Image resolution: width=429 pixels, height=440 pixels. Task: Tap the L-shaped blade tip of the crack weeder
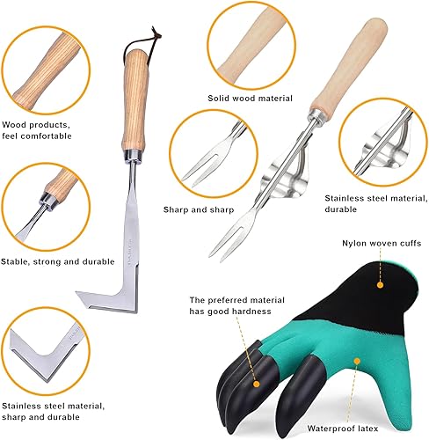click(x=76, y=292)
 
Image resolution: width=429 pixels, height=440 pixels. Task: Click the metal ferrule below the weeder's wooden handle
click(x=134, y=156)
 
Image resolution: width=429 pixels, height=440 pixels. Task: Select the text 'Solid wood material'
click(x=250, y=98)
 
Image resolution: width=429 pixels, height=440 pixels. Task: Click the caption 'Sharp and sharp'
click(x=199, y=209)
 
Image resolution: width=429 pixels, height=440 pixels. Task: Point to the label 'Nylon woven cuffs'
click(x=382, y=243)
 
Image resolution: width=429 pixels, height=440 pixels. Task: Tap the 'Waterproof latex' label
click(x=343, y=429)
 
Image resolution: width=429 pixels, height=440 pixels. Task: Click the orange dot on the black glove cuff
click(x=380, y=285)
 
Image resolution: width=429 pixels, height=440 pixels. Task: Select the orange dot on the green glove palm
click(x=357, y=361)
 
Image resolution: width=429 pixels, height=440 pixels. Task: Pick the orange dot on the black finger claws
click(x=256, y=384)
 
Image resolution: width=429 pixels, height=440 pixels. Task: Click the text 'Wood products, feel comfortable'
click(x=36, y=130)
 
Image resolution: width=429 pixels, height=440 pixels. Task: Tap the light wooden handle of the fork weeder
click(x=350, y=64)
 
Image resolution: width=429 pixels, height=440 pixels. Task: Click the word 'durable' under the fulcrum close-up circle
click(x=340, y=209)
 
